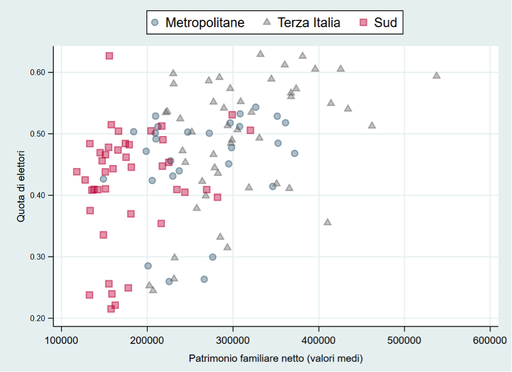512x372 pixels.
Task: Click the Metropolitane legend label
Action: coord(204,22)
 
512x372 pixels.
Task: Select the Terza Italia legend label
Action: coord(308,22)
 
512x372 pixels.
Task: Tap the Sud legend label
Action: coord(385,22)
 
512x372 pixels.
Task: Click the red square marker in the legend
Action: coord(364,22)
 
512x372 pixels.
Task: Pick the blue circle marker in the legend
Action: coord(156,22)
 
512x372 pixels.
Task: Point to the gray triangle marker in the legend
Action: coord(266,22)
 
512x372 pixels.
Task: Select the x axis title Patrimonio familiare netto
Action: coord(275,359)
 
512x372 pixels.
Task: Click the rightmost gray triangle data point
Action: coord(437,75)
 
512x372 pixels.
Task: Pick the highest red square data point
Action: coord(109,56)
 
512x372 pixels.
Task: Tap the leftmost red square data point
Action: coord(76,172)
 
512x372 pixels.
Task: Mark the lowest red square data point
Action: coord(111,309)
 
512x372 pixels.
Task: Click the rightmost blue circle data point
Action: coord(294,153)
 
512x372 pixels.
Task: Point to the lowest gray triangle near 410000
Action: coord(327,222)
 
